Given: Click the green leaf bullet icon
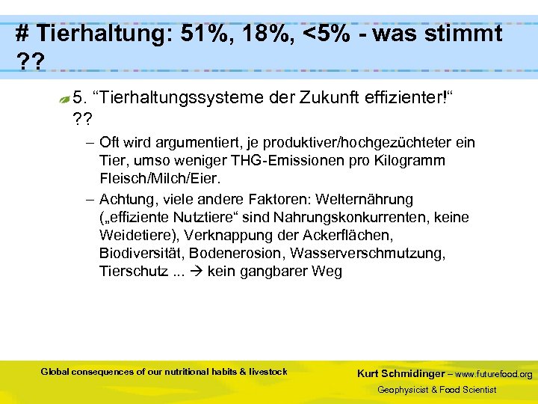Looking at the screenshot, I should tap(65, 98).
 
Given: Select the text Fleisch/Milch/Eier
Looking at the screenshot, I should tap(156, 179).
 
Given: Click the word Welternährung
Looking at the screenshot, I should tap(365, 200).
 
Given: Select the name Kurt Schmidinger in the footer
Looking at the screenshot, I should tap(401, 373).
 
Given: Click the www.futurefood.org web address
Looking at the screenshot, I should tap(494, 374).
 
